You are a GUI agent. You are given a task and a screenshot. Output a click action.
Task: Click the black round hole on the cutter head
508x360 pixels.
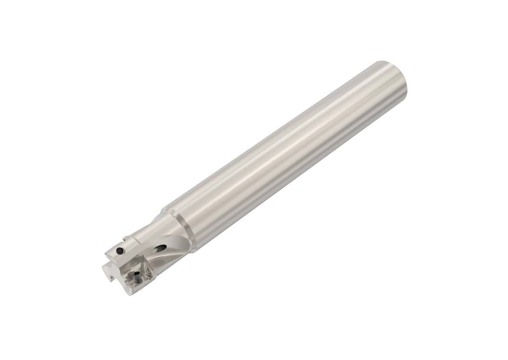(x=120, y=250)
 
